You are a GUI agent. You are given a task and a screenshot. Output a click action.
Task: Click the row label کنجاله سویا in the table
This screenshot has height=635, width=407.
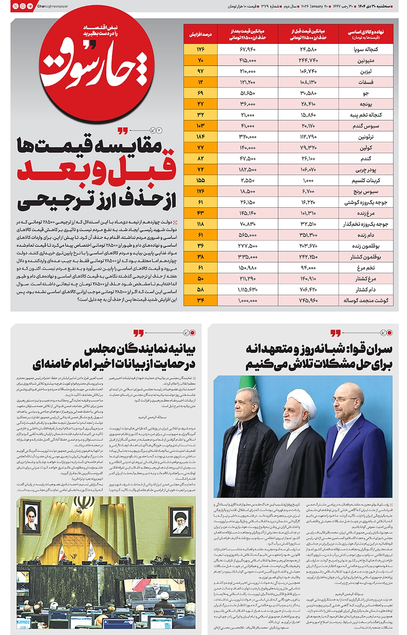366,49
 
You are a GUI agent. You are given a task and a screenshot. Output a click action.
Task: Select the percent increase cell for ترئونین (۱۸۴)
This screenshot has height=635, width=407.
201,136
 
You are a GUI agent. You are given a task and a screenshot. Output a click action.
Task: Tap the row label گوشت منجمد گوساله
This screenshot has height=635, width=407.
366,300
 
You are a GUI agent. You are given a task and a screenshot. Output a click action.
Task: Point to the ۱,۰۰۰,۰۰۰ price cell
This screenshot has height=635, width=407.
247,300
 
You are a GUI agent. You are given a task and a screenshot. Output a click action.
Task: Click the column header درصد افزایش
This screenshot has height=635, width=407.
201,34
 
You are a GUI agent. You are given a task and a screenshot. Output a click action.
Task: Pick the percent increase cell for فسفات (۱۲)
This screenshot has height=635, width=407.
201,82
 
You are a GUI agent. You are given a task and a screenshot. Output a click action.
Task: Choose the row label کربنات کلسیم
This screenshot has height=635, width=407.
366,180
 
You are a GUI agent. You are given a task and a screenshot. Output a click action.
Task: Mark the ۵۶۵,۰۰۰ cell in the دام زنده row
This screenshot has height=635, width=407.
247,235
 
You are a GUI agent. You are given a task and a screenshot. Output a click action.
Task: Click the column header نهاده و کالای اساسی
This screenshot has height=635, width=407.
366,34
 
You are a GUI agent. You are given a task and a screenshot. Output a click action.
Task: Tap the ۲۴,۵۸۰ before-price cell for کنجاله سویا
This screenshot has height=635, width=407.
308,49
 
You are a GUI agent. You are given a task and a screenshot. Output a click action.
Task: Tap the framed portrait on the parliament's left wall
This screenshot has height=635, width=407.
31,515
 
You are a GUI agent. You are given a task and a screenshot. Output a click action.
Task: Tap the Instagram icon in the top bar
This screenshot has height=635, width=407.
23,6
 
